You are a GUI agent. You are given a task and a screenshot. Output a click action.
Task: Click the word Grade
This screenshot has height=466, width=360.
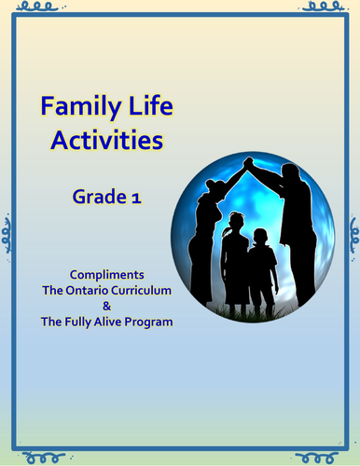[97, 198]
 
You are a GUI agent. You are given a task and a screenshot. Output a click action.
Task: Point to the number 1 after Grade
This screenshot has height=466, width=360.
[132, 198]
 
